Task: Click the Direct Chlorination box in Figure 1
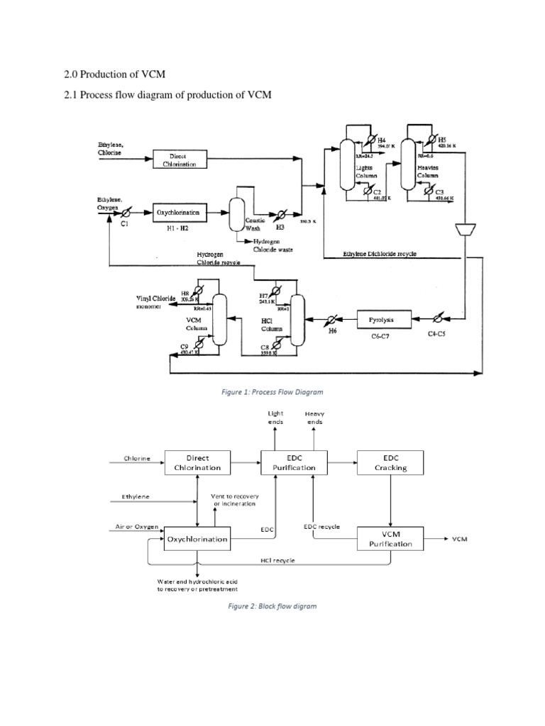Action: coord(178,160)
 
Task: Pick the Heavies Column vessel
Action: coord(408,164)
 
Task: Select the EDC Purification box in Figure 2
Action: coord(294,462)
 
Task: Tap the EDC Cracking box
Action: coord(391,462)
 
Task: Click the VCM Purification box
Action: coord(390,538)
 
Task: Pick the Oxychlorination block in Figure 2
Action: coord(197,539)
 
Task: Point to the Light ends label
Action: coord(275,417)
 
